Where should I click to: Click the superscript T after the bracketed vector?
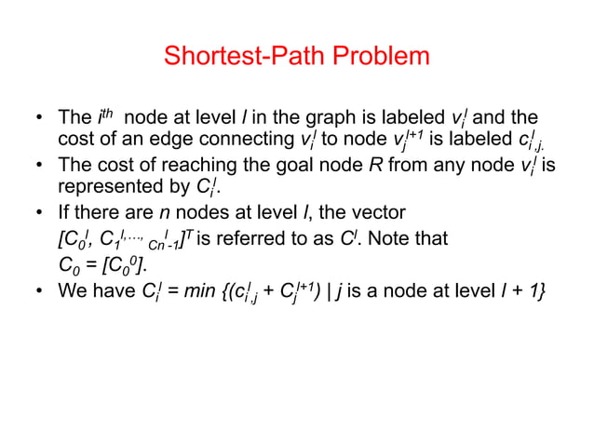coord(190,234)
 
